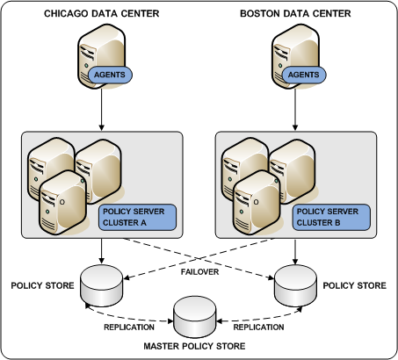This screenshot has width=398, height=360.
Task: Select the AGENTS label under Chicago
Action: coord(110,76)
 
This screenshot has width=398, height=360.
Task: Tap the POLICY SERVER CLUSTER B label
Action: coord(336,217)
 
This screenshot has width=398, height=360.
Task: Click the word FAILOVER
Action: coord(199,272)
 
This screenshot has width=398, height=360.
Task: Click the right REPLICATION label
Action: coord(259,327)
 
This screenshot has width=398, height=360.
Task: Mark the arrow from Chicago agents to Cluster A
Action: coord(103,110)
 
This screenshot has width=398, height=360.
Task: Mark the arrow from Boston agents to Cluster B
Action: coord(294,110)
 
